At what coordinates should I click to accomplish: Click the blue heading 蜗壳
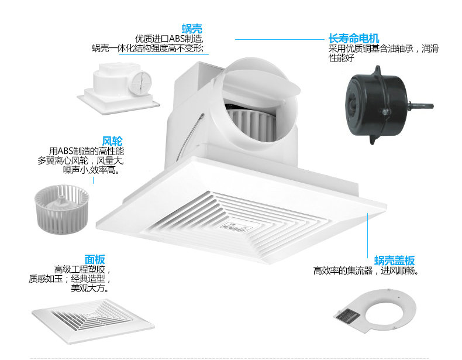pos(192,29)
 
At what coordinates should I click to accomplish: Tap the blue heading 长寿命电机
pos(354,38)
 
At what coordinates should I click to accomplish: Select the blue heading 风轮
pos(112,141)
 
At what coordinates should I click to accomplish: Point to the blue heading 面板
pos(95,259)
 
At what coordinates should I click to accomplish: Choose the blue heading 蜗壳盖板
pos(394,260)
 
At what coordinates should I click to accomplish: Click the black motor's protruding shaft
pos(420,105)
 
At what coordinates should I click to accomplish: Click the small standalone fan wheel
pos(61,209)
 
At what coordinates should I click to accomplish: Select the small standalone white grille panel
pos(93,321)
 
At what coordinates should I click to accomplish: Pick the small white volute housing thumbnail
pos(119,88)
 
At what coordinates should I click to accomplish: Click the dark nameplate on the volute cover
pos(349,316)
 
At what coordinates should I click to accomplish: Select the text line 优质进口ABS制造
pos(169,38)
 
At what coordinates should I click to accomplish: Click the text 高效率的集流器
pos(343,270)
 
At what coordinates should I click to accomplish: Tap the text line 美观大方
pos(90,288)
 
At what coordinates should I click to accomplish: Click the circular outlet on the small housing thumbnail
pos(141,83)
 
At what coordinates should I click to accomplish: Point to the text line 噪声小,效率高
pos(92,170)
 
